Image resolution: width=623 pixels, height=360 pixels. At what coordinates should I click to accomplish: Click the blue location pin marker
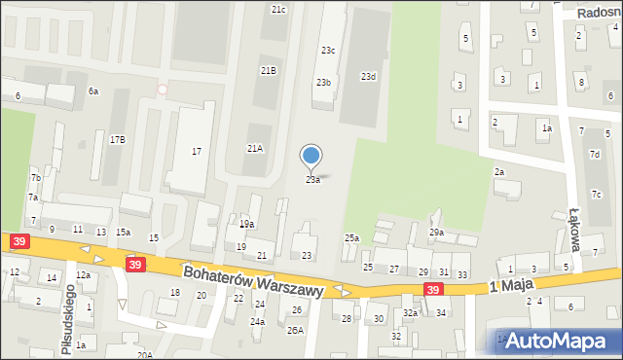click(311, 156)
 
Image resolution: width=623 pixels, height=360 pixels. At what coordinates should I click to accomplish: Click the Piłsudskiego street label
click(67, 319)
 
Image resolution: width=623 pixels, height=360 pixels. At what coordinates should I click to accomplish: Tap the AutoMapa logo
click(562, 341)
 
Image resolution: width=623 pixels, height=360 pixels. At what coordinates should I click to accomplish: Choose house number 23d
click(368, 76)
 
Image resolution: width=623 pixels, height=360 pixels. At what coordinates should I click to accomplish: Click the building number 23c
click(328, 50)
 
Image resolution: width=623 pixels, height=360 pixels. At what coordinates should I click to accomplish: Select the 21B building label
click(268, 71)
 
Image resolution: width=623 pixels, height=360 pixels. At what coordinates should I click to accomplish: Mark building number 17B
click(117, 140)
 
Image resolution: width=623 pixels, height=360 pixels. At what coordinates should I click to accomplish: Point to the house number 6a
click(93, 90)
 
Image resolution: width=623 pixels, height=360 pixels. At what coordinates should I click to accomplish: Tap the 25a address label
click(351, 238)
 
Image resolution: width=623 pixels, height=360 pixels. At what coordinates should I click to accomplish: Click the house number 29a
click(436, 233)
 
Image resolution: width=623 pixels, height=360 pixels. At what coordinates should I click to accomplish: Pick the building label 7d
click(594, 154)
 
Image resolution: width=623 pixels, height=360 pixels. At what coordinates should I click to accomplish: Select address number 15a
click(123, 233)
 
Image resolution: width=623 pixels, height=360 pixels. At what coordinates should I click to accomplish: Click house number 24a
click(257, 321)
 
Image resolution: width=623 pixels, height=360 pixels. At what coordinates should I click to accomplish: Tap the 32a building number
click(411, 313)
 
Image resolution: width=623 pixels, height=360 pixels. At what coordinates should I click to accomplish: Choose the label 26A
click(295, 331)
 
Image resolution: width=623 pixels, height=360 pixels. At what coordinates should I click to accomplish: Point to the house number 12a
click(83, 275)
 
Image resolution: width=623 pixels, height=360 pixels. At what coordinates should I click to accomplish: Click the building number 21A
click(254, 149)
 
